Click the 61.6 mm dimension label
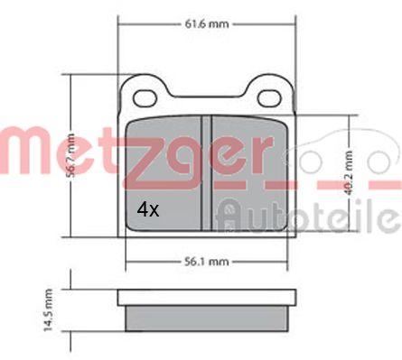click(x=206, y=24)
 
